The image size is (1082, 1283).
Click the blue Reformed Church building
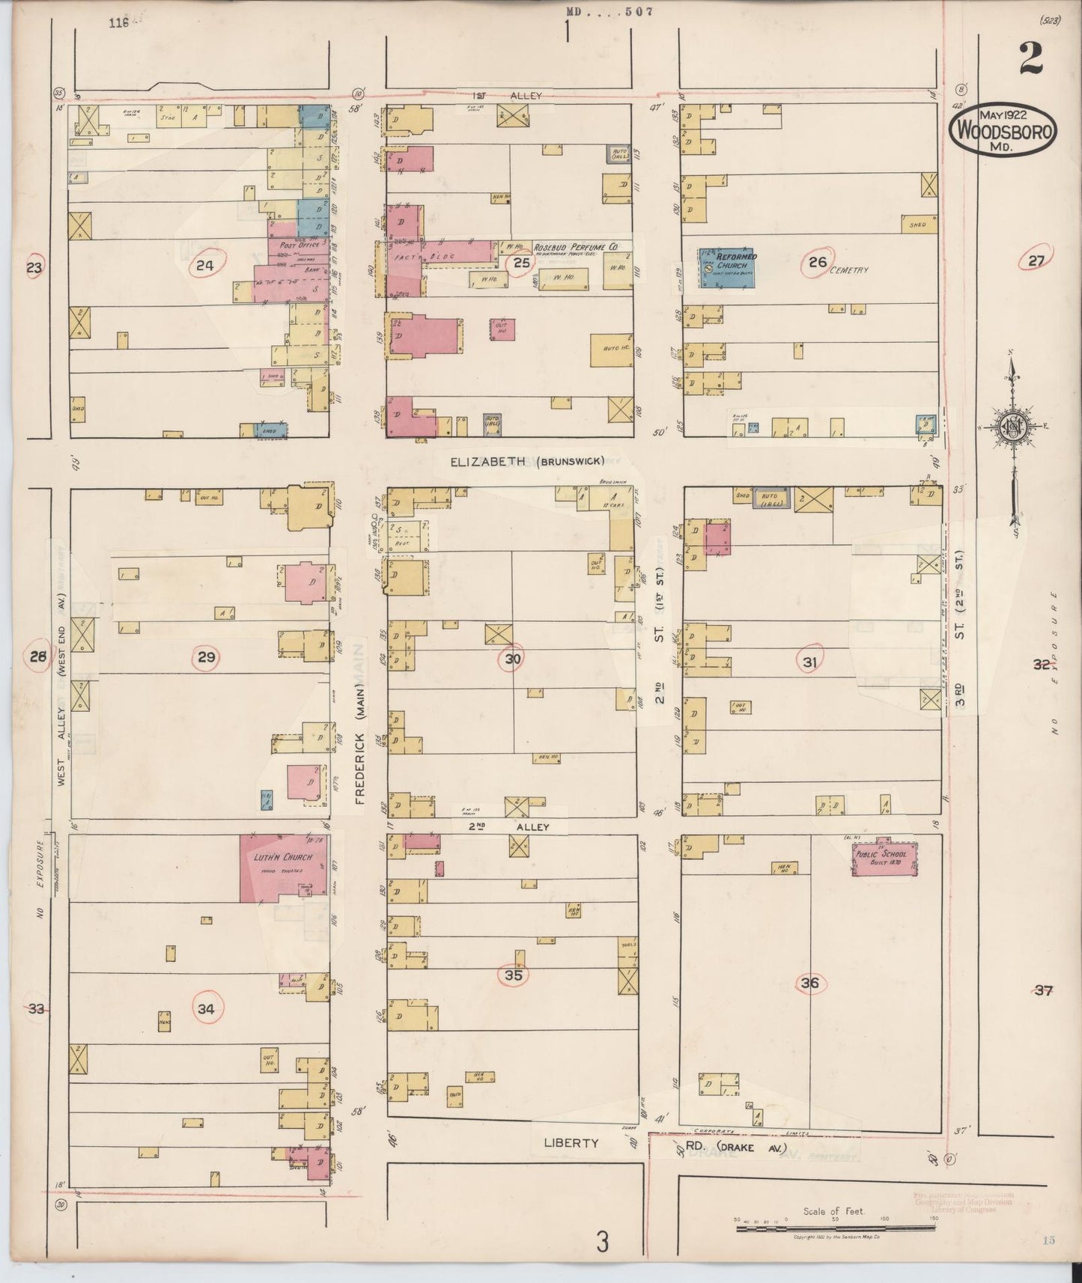[x=726, y=267]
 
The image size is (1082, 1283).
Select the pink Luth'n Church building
[x=282, y=868]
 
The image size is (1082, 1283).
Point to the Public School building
[x=886, y=858]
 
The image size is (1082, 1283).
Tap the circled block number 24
[x=204, y=265]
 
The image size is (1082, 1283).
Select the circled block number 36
[x=809, y=983]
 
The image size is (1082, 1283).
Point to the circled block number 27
[x=1036, y=260]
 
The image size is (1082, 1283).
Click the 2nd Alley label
[x=509, y=827]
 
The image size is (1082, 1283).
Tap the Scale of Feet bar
[x=833, y=1225]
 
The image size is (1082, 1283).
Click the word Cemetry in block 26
[x=848, y=270]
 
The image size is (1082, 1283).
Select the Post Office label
[x=298, y=245]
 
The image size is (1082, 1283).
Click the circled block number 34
[x=206, y=1009]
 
